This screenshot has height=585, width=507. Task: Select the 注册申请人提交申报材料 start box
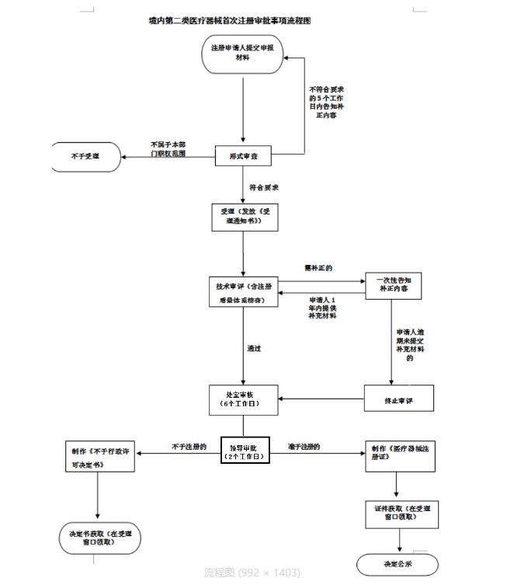tap(244, 54)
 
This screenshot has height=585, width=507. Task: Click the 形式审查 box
tap(244, 156)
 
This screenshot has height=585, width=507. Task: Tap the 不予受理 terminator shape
tap(85, 156)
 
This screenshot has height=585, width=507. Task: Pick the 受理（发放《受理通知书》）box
tap(244, 217)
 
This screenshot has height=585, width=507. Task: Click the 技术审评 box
tap(244, 291)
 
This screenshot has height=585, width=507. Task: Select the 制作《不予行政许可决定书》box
tap(98, 458)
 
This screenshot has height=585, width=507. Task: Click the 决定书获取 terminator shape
tap(98, 536)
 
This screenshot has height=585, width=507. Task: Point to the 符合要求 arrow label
tap(264, 187)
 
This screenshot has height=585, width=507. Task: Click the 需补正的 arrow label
tap(318, 268)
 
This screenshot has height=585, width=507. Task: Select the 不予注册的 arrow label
tap(189, 446)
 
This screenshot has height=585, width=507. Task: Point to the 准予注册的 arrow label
tap(304, 446)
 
